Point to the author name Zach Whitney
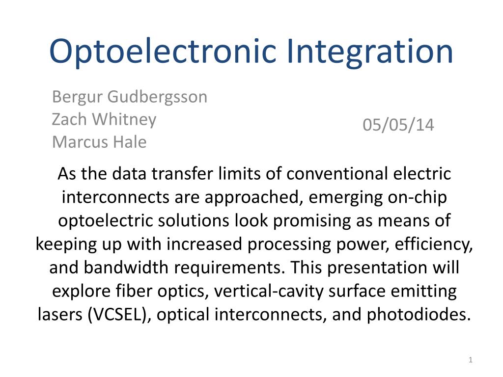coord(104,120)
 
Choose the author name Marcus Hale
coord(99,142)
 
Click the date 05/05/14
coord(398,125)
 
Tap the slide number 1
coord(470,360)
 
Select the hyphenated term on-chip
coord(417,198)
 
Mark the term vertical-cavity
coord(269,292)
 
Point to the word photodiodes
coord(419,315)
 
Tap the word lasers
coord(60,315)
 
